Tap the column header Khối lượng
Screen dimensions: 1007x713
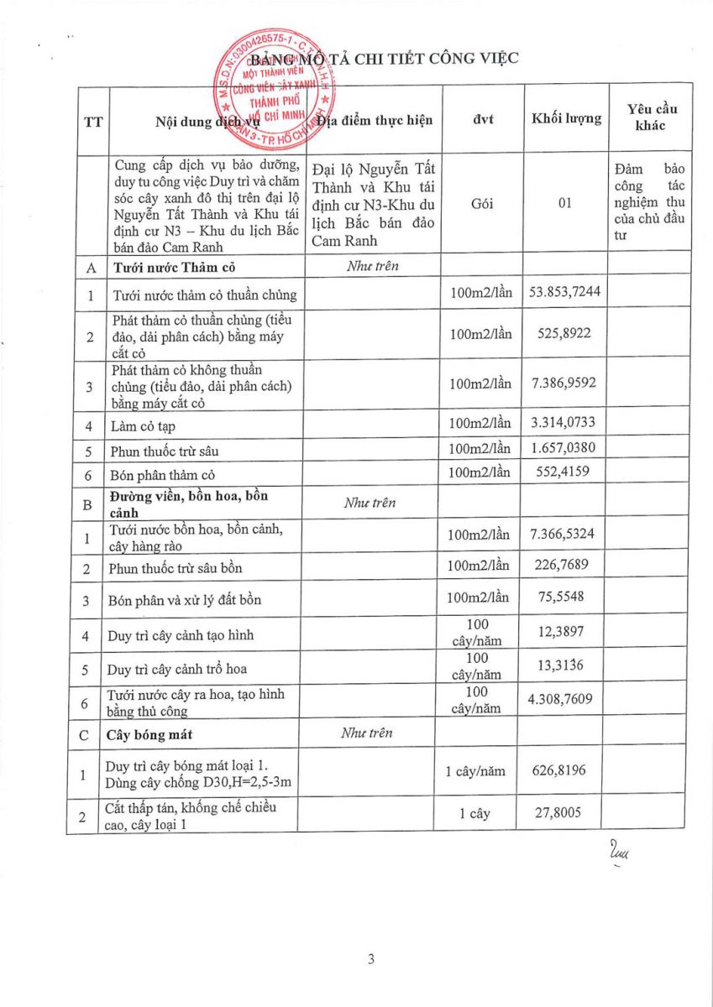566,118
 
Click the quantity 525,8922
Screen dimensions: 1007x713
566,333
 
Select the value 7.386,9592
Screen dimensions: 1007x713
566,383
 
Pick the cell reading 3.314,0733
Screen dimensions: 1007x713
566,425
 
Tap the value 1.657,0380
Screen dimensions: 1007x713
566,449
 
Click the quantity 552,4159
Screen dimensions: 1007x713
566,472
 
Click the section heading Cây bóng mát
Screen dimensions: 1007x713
150,735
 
